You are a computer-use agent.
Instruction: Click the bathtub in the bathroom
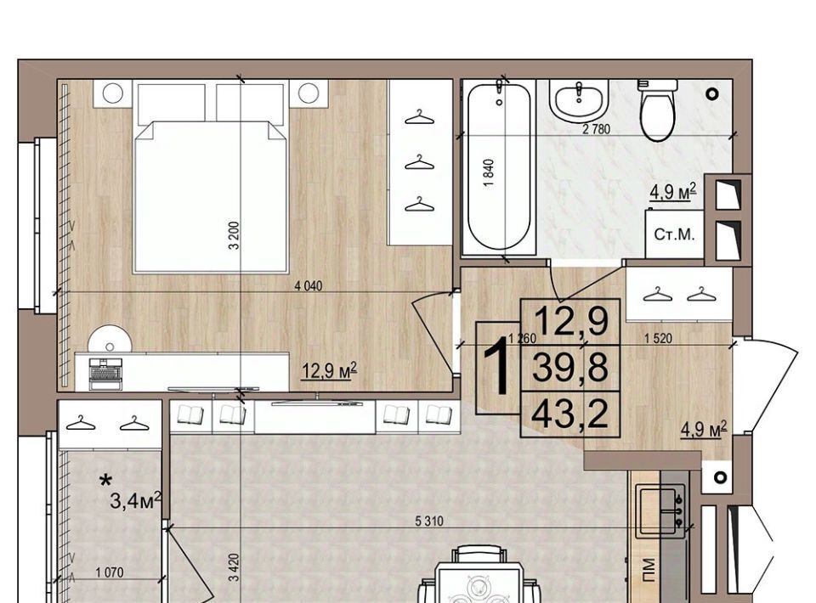click(x=499, y=168)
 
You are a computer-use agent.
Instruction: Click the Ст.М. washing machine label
click(x=674, y=234)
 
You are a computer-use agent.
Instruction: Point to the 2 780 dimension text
click(x=596, y=129)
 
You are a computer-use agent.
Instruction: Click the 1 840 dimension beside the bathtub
click(x=488, y=173)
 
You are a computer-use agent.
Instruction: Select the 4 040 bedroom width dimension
click(x=309, y=286)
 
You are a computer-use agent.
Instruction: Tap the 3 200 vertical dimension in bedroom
click(x=235, y=235)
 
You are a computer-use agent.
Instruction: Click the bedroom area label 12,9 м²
click(x=330, y=370)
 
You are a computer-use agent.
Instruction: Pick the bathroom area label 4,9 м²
click(x=672, y=191)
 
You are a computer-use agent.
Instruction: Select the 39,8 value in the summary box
click(x=569, y=367)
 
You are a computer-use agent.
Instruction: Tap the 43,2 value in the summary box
click(x=569, y=414)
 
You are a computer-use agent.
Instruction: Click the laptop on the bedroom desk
click(x=105, y=373)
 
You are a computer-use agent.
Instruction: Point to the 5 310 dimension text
click(x=429, y=521)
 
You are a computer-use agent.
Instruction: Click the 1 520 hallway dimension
click(x=658, y=339)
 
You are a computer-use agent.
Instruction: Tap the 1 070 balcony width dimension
click(x=110, y=572)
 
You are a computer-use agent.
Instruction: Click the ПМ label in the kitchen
click(x=648, y=569)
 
